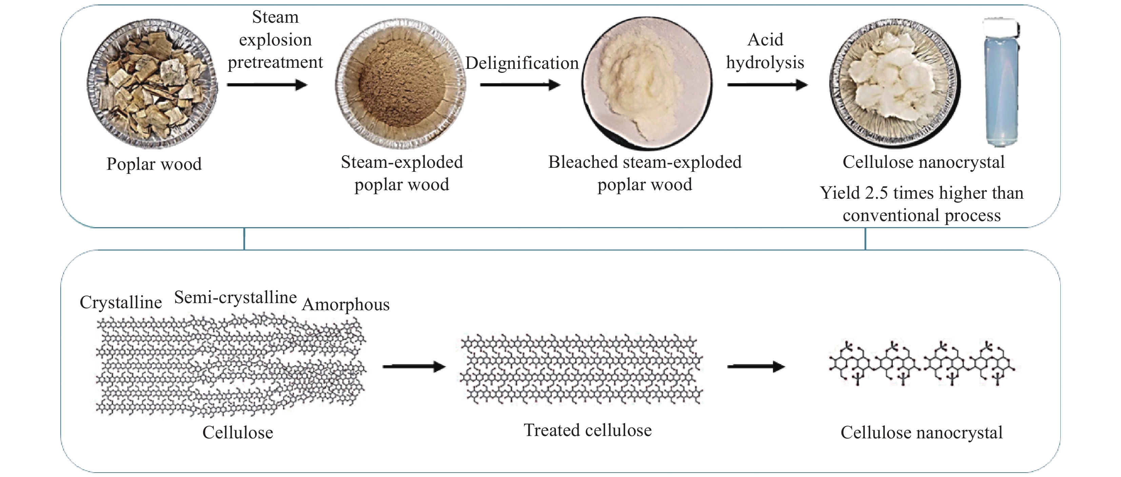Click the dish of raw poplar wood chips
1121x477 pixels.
click(152, 83)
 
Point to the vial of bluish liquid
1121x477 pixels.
click(1001, 83)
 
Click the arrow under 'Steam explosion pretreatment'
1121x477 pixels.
click(267, 84)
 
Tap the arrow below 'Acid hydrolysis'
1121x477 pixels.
click(767, 84)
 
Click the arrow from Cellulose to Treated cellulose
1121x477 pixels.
click(414, 367)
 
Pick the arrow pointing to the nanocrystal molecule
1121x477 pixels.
click(756, 367)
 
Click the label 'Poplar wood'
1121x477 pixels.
click(154, 164)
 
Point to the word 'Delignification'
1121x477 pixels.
click(522, 63)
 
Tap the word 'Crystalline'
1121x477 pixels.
click(121, 302)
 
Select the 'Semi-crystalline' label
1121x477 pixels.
click(236, 297)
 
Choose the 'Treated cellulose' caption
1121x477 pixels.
click(587, 430)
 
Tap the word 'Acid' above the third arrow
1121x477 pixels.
click(765, 40)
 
